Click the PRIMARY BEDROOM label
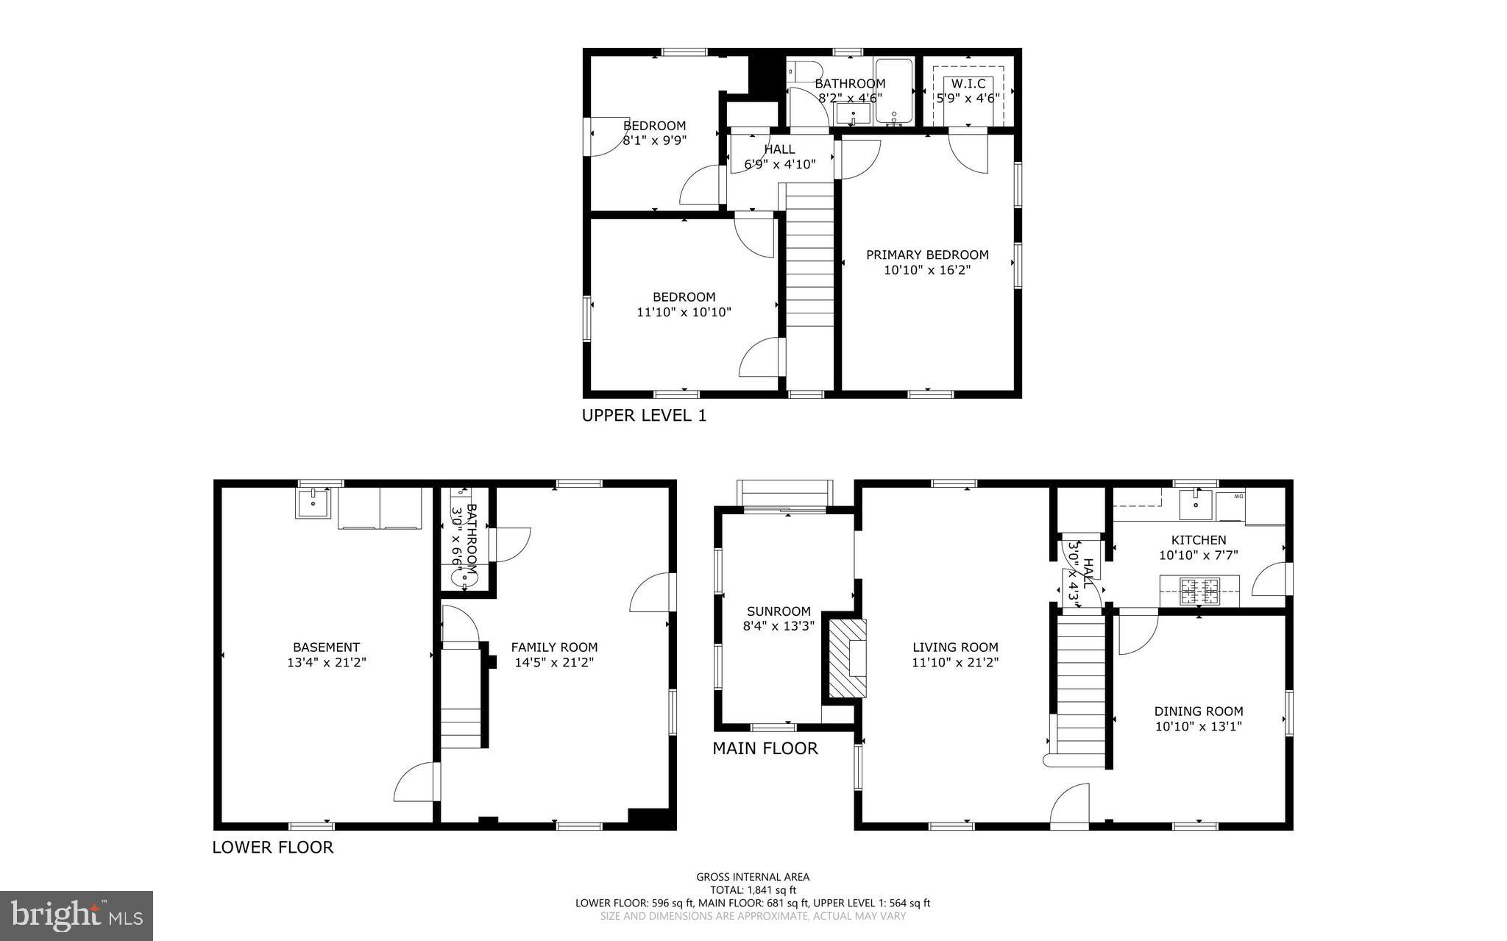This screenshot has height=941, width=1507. click(926, 255)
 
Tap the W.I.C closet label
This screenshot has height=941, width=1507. click(968, 84)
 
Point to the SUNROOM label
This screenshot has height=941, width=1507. click(778, 611)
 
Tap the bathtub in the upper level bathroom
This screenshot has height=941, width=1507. click(893, 91)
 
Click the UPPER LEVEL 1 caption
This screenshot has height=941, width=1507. click(644, 416)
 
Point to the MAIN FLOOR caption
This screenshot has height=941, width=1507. click(765, 749)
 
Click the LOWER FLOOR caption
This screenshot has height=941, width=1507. click(272, 848)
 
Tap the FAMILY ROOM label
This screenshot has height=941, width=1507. click(554, 647)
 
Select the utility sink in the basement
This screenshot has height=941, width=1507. click(313, 503)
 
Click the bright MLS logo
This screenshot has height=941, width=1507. click(76, 915)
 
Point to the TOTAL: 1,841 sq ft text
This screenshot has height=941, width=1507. click(753, 889)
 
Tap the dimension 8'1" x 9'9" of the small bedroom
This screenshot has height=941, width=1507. click(654, 141)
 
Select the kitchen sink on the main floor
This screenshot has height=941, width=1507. click(1196, 504)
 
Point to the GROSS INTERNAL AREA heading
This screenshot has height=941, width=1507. click(753, 877)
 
